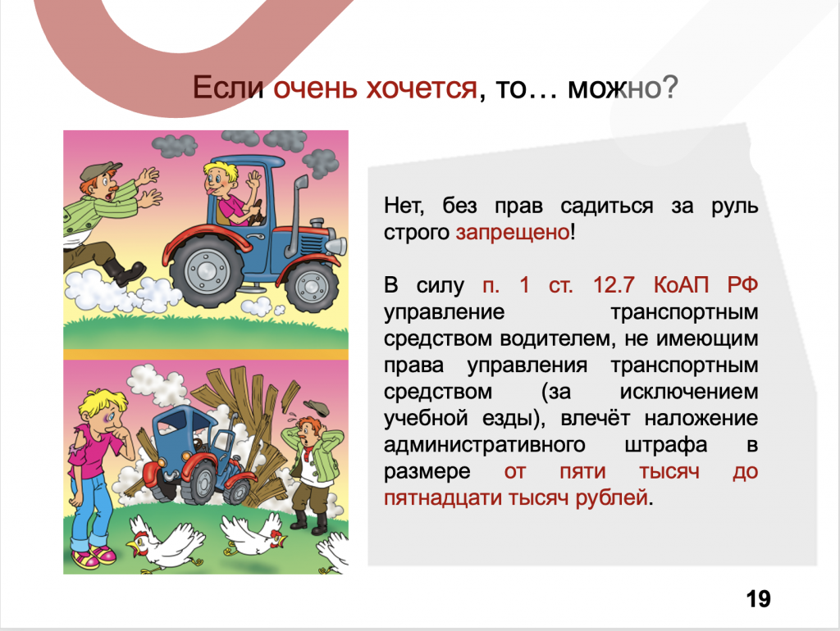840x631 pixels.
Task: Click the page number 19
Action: point(759,599)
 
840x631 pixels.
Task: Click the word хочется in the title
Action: point(422,89)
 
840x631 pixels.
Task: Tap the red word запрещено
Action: point(512,232)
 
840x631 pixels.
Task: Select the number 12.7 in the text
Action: point(614,284)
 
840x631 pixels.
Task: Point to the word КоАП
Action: point(681,284)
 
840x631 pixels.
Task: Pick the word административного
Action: point(484,445)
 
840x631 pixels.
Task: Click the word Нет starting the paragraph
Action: point(404,206)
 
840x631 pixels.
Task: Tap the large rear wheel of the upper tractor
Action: point(206,271)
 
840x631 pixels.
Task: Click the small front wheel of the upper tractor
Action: point(311,285)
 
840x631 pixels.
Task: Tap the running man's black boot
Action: point(122,270)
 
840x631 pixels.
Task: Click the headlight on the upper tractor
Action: point(337,246)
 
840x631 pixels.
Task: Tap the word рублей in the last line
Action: point(611,498)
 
